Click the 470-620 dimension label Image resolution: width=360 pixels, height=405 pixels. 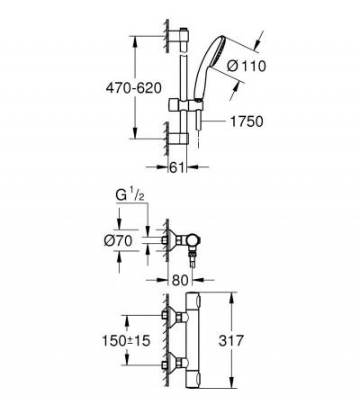134,88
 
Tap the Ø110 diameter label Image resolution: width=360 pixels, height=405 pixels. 246,66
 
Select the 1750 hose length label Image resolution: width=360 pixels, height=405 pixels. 247,121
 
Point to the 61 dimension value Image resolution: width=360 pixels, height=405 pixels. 176,167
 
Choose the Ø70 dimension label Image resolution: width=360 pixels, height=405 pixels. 118,240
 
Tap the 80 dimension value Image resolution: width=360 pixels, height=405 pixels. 180,280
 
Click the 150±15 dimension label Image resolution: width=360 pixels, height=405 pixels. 126,340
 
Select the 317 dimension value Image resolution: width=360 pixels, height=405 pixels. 231,340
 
